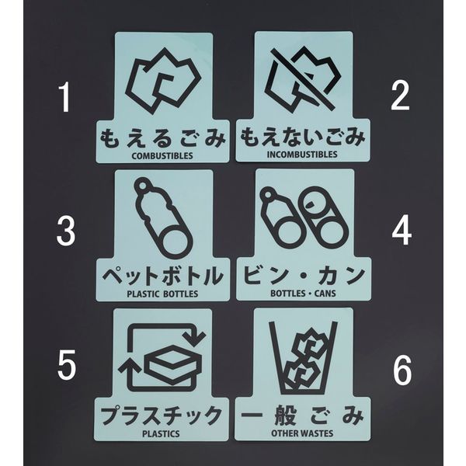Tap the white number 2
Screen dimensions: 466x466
(x=400, y=96)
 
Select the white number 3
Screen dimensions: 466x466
(x=66, y=231)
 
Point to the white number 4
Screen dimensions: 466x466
(x=402, y=231)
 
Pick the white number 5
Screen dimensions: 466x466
(x=67, y=364)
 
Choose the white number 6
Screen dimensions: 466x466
(x=402, y=370)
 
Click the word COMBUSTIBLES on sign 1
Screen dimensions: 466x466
(x=162, y=156)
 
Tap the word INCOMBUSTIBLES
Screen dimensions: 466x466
(x=302, y=155)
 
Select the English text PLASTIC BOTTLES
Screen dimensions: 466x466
(x=162, y=294)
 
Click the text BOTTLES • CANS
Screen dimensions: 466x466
(x=303, y=294)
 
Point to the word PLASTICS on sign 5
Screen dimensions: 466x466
(x=161, y=433)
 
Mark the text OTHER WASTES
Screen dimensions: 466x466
(x=302, y=433)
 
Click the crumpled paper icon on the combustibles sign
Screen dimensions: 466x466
(x=164, y=81)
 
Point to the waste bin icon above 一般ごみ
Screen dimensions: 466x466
(x=303, y=357)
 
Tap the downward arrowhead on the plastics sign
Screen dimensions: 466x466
(x=194, y=339)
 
